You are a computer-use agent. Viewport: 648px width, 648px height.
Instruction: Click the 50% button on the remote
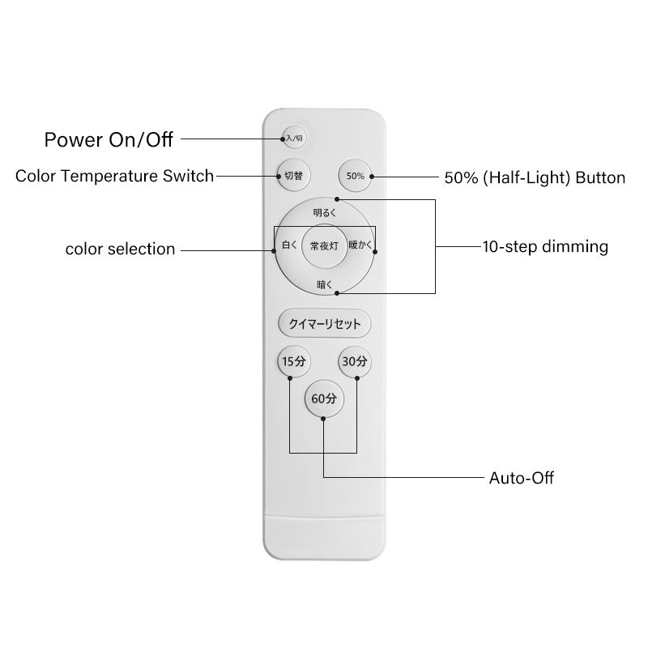355,175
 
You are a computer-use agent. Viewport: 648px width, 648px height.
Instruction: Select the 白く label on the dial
289,245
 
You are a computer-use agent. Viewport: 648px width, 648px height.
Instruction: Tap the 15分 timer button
290,361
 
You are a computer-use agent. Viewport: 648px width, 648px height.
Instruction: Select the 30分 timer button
355,361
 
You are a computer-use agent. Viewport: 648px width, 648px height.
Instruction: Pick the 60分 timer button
323,399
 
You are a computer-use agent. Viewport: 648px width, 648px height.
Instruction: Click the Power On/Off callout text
109,139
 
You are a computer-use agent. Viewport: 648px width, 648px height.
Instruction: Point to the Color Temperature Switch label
114,176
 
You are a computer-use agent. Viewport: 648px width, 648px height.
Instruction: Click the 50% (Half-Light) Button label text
535,177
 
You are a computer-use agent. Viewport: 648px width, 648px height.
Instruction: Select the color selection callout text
120,249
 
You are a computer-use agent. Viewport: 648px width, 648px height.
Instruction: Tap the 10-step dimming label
545,247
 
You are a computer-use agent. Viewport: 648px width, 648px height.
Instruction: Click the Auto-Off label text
522,477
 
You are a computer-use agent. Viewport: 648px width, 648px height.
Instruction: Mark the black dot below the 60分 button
323,419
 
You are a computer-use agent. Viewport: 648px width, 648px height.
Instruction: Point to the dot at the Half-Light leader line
371,176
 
